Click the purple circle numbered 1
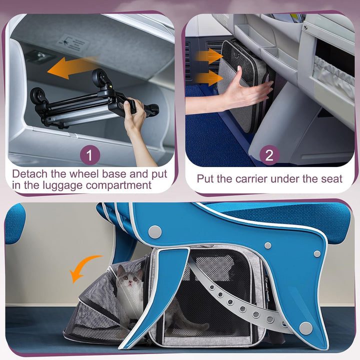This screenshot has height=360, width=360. pos(89,155)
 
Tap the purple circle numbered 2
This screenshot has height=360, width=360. pos(269,155)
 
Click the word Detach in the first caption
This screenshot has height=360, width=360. pos(29,174)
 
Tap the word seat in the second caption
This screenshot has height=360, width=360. pos(332,178)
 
